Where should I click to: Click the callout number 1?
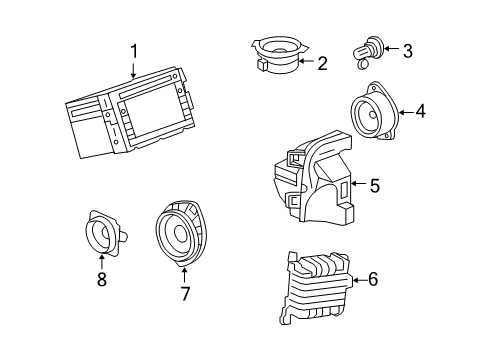coord(133,49)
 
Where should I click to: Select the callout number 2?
coord(322,64)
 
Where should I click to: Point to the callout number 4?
coord(420,111)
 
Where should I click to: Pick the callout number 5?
coord(374,185)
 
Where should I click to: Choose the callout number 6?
coord(373,279)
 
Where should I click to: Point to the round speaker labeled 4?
coord(374,117)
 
